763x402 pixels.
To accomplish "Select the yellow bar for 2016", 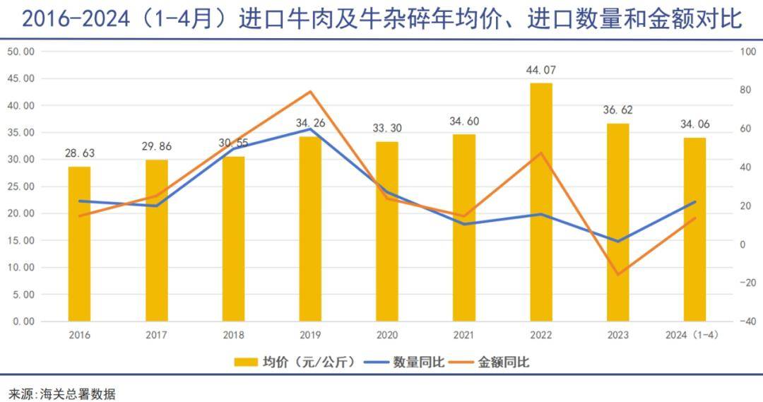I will point(80,244).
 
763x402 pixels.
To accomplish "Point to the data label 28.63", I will point(80,153).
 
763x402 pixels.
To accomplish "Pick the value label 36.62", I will point(618,110).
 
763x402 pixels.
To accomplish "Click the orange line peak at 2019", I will point(310,92).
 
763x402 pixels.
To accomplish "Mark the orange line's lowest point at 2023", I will point(618,275).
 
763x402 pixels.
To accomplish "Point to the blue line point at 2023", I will point(618,242).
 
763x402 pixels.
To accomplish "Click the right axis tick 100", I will point(747,52).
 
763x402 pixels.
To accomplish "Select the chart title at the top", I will point(381,19).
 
